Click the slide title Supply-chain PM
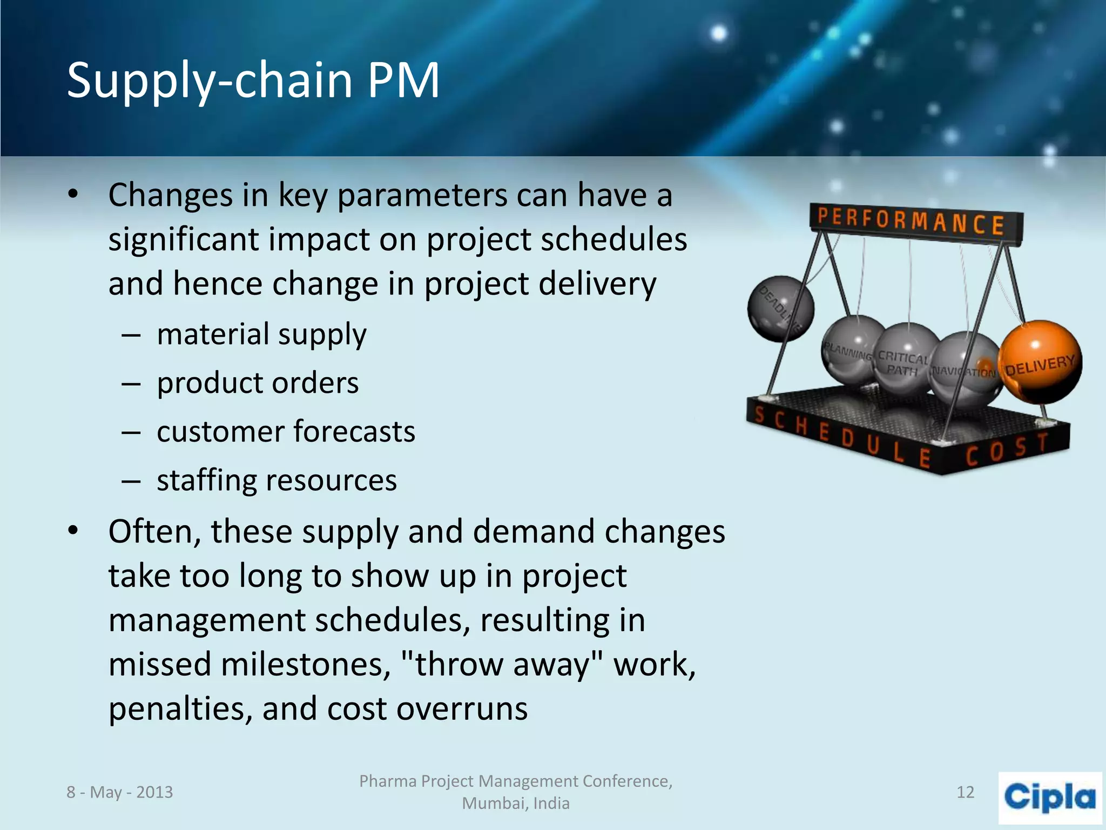coord(253,81)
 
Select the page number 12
coord(965,792)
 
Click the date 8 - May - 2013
coord(119,792)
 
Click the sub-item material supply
coord(261,334)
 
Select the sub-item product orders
coord(258,383)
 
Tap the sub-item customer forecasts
coord(286,432)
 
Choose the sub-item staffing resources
coord(276,480)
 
